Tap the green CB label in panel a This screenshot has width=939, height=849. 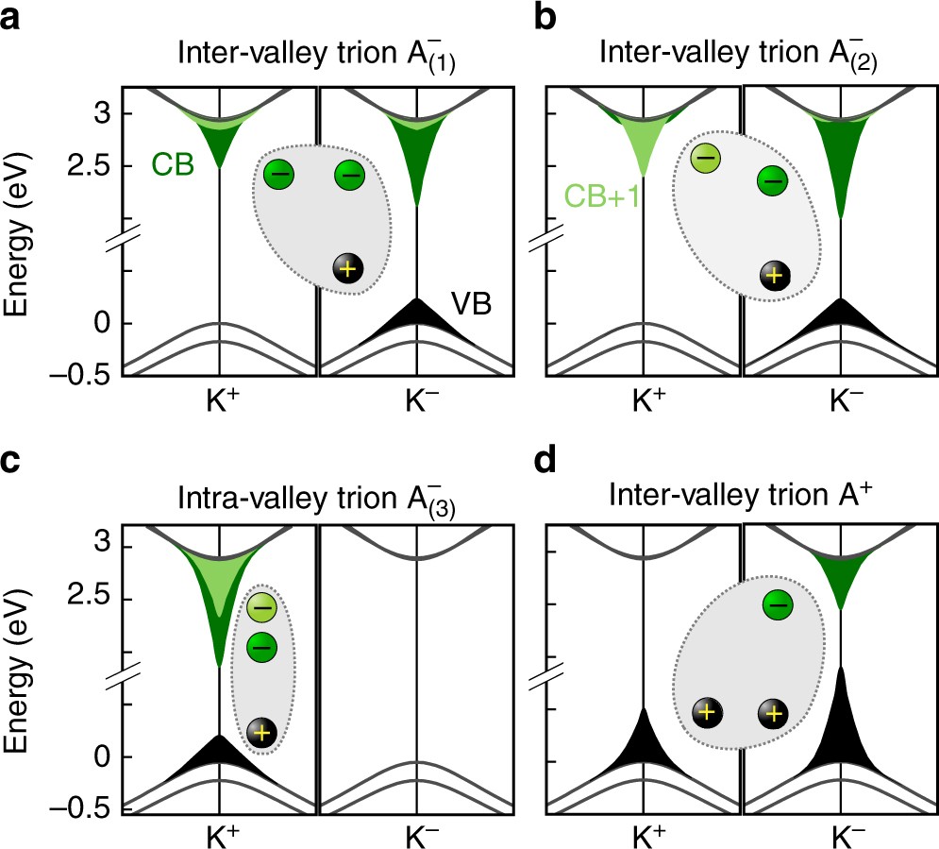coord(172,166)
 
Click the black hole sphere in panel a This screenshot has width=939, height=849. coord(348,268)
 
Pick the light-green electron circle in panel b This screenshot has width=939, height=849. coord(705,158)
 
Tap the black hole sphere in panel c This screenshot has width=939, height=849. coord(261,732)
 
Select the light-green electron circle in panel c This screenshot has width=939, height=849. coord(263,606)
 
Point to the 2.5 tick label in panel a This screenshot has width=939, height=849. coord(91,166)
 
